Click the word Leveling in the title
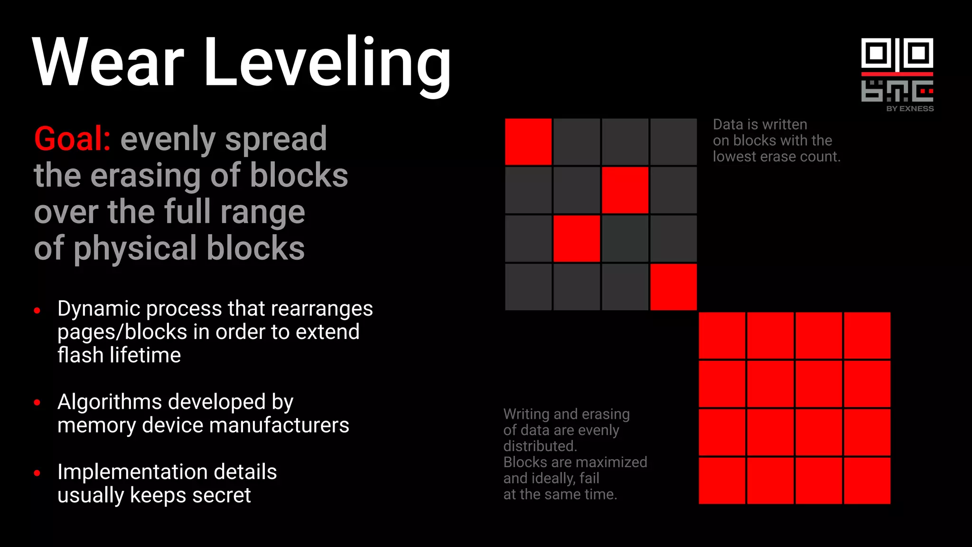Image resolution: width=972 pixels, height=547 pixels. click(x=327, y=64)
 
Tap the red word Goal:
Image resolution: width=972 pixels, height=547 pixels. click(x=72, y=139)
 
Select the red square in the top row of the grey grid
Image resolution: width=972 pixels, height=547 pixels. click(x=528, y=142)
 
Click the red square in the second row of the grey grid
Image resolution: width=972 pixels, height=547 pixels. click(x=625, y=190)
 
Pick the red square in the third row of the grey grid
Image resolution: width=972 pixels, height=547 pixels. click(x=577, y=238)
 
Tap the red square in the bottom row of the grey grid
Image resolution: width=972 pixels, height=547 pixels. click(x=673, y=287)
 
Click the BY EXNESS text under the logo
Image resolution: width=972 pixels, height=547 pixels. click(x=910, y=109)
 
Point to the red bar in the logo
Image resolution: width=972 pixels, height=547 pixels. click(x=897, y=74)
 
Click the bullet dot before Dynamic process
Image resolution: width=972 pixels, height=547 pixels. click(x=37, y=311)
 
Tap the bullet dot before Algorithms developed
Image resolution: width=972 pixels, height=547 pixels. click(x=37, y=403)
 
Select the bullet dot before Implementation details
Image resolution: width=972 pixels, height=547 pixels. click(x=37, y=473)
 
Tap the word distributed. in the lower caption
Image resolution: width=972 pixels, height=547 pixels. click(x=540, y=446)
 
